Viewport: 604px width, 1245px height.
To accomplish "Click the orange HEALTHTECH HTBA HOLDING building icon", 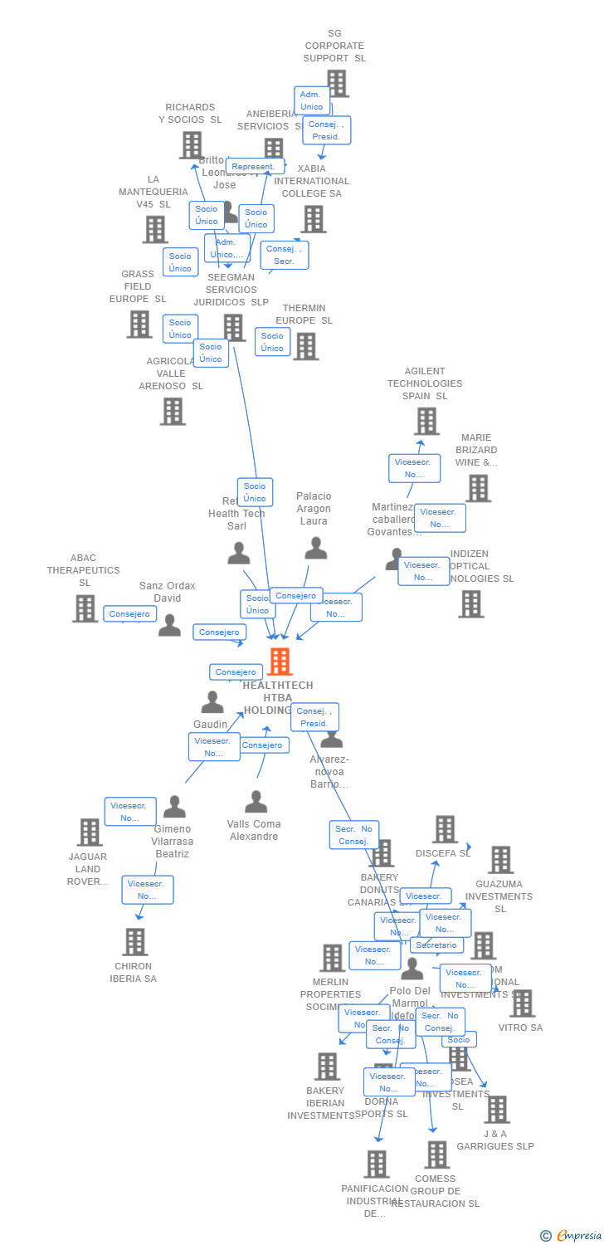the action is pos(280,662).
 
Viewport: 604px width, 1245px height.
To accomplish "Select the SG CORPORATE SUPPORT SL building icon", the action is pos(336,83).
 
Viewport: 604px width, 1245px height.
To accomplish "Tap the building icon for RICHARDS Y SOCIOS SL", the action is pos(192,145).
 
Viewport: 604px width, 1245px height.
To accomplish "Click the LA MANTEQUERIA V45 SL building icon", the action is pos(155,229).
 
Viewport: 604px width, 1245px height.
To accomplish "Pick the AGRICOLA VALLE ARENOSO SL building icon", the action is pos(173,411).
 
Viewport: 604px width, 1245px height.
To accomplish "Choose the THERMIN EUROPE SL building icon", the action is pos(305,346).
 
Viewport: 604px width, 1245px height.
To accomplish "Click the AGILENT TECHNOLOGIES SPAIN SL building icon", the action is pos(426,421).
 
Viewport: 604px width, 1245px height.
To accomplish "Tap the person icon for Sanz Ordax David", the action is pos(169,625).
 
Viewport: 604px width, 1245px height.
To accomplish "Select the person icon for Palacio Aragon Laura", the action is pos(315,548).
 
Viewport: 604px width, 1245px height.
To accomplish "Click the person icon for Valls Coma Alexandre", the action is pos(256,802).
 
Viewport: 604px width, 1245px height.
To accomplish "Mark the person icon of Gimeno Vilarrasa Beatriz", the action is pos(174,806).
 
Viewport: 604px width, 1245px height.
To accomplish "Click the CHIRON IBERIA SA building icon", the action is pos(134,942).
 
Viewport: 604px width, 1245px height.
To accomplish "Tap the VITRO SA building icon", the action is pos(522,1003).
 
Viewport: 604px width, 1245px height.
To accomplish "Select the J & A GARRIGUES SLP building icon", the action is pos(497,1109).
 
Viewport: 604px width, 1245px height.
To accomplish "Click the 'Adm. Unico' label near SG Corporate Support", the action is pos(311,100).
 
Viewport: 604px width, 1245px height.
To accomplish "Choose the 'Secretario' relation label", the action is pos(436,945).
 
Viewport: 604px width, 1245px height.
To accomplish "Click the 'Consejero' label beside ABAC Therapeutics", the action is pos(130,613).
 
